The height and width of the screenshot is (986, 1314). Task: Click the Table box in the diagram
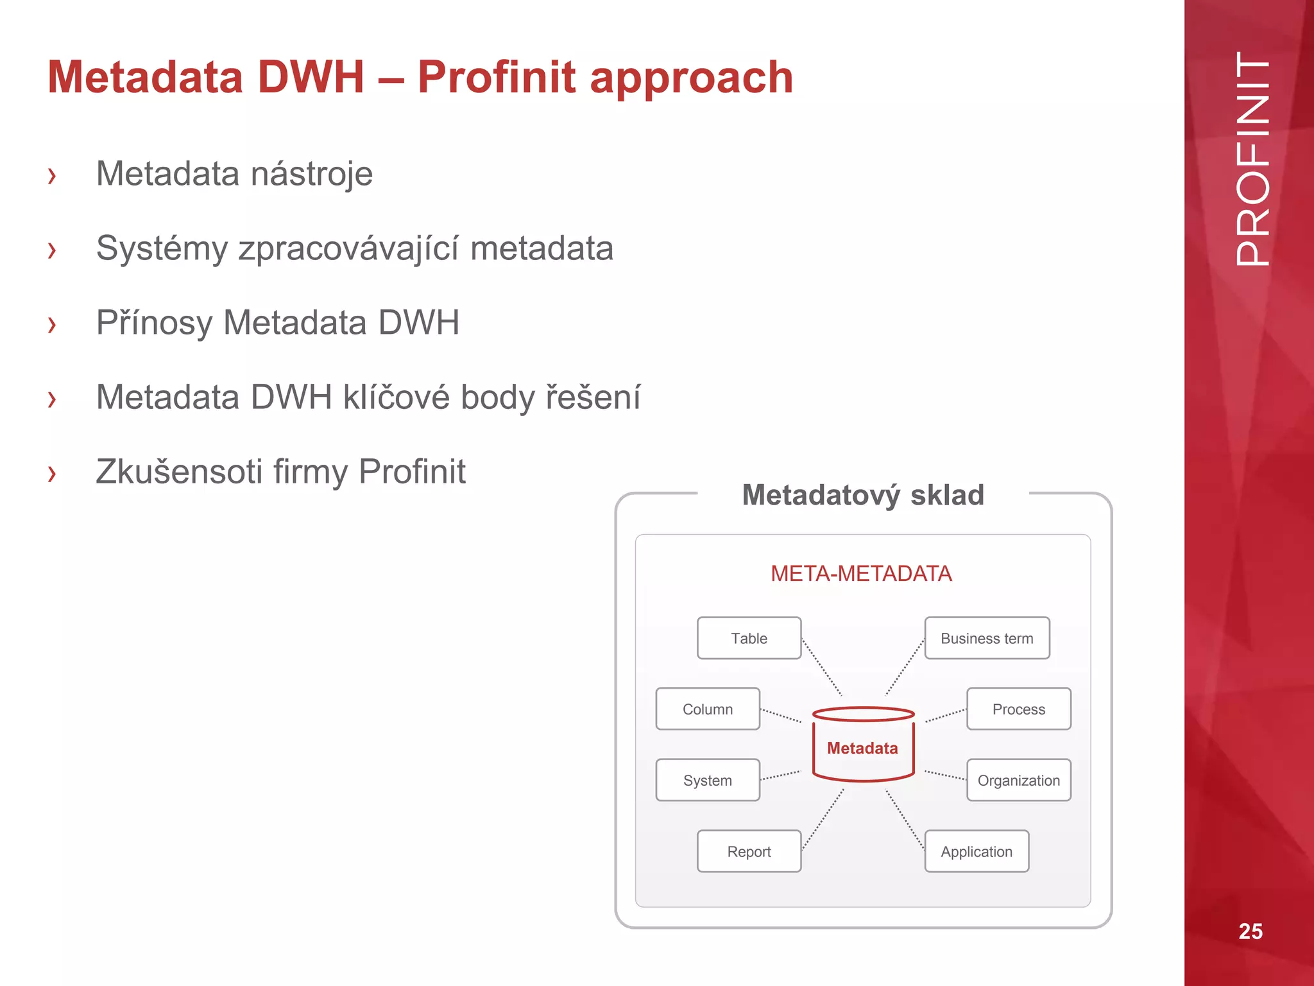[x=749, y=638]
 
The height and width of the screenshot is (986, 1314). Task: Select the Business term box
[x=987, y=638]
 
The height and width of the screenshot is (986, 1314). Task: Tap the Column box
[x=708, y=709]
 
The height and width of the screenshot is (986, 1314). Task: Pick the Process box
[x=1018, y=709]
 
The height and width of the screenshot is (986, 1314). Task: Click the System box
[x=708, y=780]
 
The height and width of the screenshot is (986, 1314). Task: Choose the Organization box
[x=1018, y=780]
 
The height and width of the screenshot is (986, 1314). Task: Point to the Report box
[x=749, y=851]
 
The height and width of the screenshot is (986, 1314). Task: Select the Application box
[x=977, y=851]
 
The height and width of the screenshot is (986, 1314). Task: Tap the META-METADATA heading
[x=861, y=573]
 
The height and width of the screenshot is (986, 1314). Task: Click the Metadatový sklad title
[x=863, y=495]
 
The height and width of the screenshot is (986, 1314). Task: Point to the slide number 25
[x=1250, y=931]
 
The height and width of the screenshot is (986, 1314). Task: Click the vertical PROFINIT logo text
[x=1252, y=159]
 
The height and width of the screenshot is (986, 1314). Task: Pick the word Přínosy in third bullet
[x=153, y=323]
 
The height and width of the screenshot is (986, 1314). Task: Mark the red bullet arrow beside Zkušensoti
[x=52, y=473]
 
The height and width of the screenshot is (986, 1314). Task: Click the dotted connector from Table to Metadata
[x=822, y=668]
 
